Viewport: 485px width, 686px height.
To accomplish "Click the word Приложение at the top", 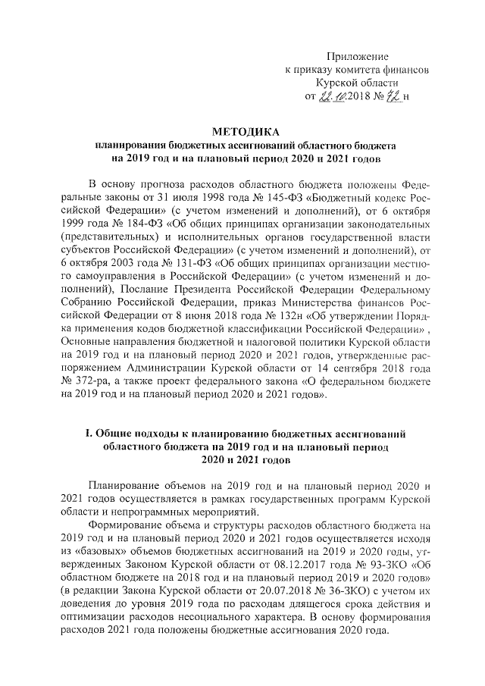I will [357, 57].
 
